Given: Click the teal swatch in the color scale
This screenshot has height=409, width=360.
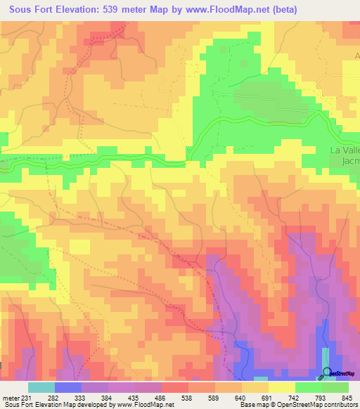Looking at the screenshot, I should click(41, 387).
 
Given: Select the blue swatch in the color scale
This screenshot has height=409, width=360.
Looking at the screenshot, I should click(67, 387).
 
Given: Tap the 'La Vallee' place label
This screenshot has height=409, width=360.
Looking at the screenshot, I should click(345, 150).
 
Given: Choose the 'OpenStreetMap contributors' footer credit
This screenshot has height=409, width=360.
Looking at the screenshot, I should click(307, 405).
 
